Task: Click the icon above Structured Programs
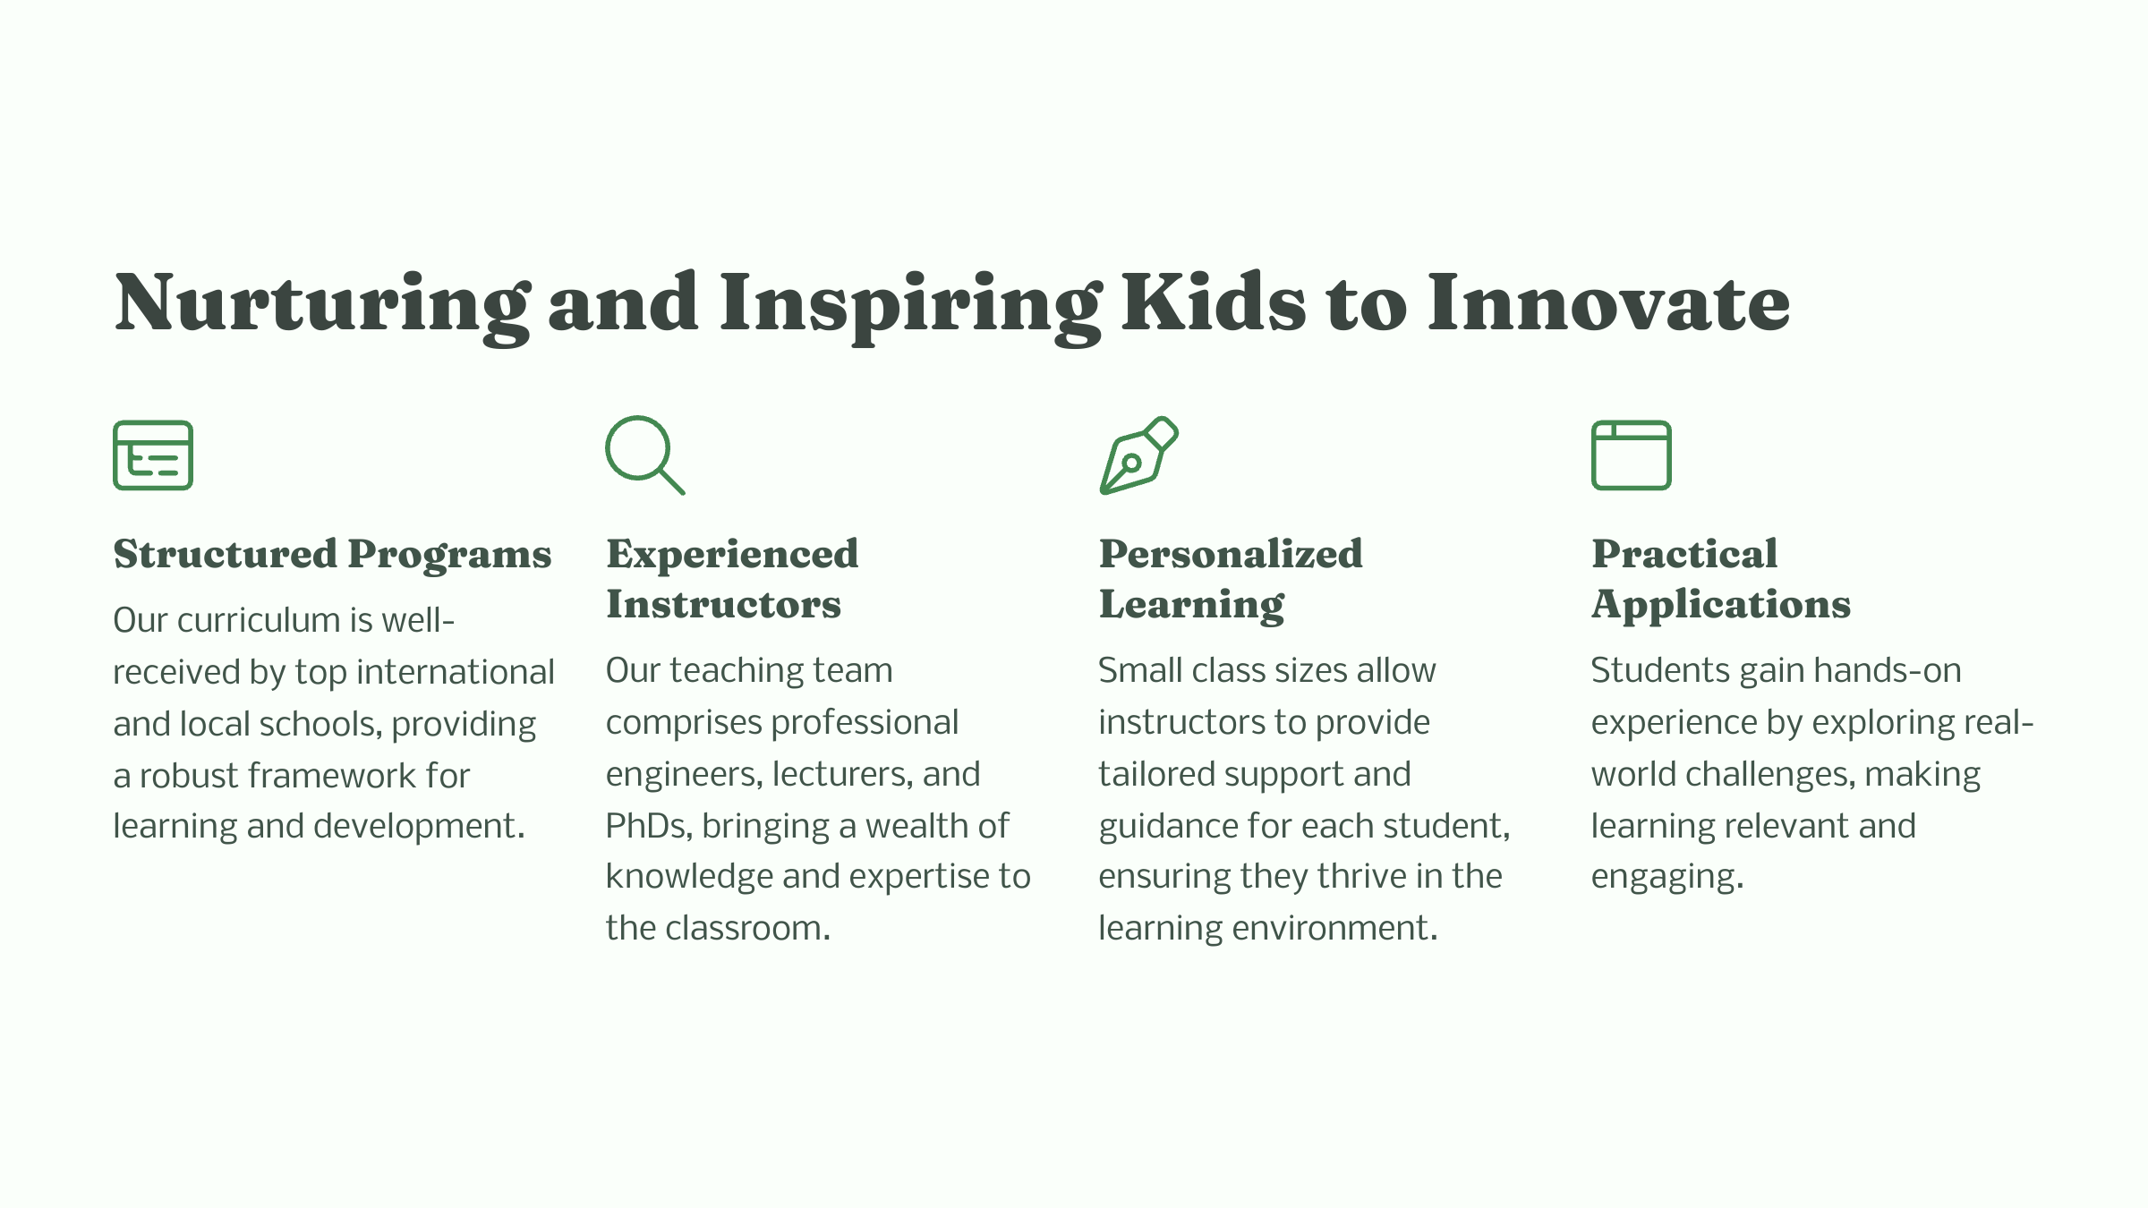point(153,455)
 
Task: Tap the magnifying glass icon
point(645,455)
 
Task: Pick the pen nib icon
point(1138,455)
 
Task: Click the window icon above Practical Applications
point(1631,455)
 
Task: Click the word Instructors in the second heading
point(723,604)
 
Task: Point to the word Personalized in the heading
point(1231,554)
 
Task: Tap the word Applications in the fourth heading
point(1720,606)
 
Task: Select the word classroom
point(747,928)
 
